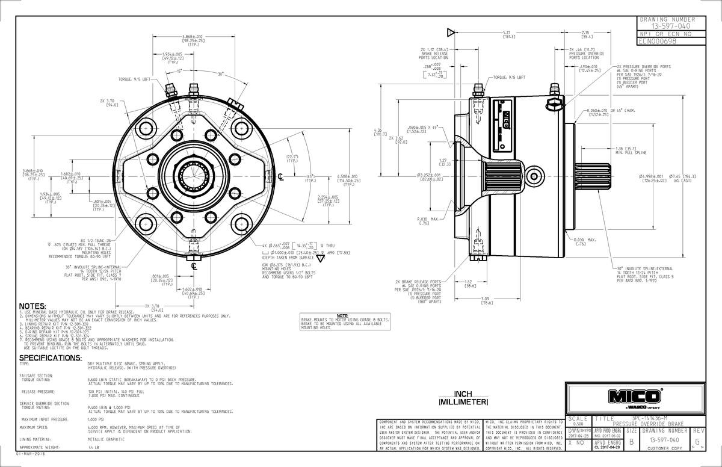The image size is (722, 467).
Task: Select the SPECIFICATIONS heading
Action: tap(51, 357)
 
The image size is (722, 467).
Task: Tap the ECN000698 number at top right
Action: tap(658, 42)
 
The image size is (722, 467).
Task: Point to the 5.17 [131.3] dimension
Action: tap(507, 34)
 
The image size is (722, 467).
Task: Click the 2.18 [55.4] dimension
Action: tap(585, 34)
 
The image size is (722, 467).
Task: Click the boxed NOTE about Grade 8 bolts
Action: tap(344, 322)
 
